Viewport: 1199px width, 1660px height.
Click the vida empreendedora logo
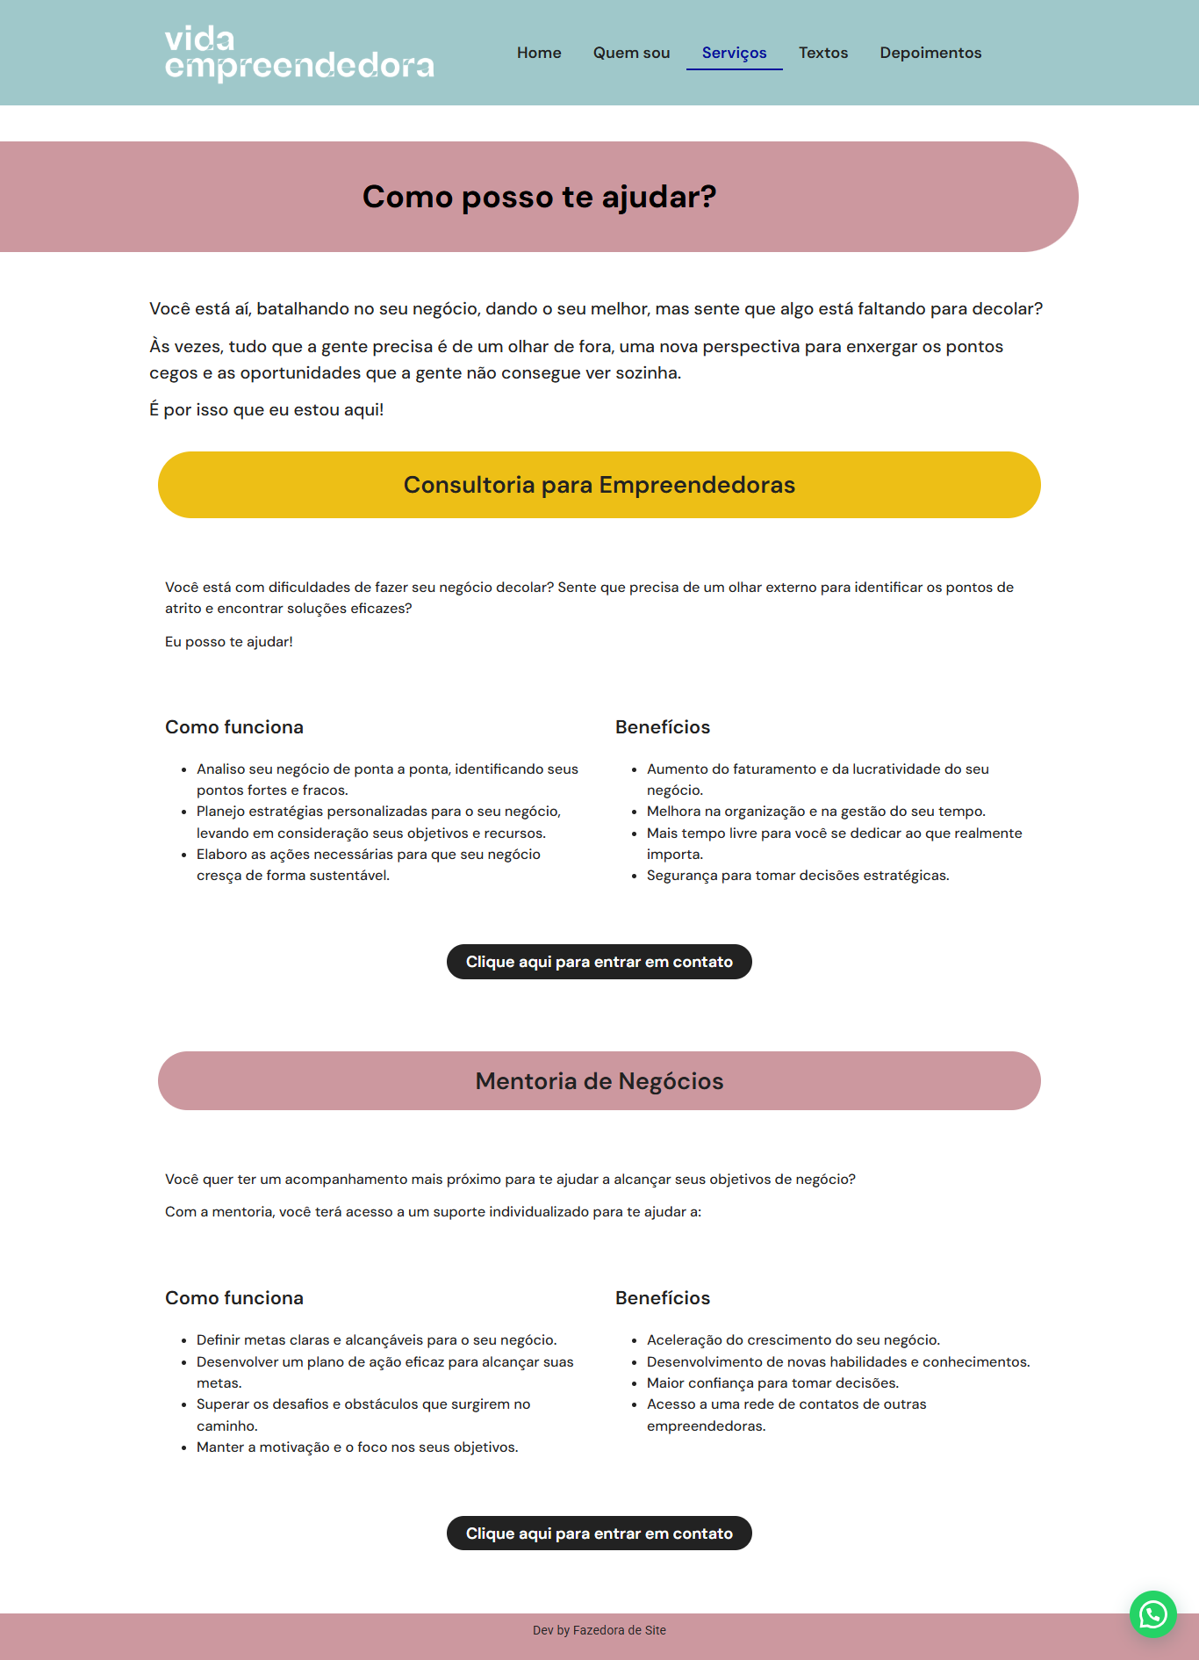(299, 53)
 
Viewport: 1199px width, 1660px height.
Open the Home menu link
(539, 53)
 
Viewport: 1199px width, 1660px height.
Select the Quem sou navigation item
(631, 53)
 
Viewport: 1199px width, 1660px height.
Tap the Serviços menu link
(734, 53)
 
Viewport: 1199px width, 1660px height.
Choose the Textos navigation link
(823, 53)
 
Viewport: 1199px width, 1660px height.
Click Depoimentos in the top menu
(930, 53)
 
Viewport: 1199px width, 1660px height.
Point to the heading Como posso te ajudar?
(539, 197)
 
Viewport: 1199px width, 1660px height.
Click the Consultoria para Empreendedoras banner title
(599, 485)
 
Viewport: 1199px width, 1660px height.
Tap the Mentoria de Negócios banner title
(599, 1081)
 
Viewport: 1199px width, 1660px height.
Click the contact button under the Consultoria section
(599, 962)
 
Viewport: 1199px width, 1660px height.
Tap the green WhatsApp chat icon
(1152, 1614)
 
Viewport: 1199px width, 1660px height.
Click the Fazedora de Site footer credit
(619, 1630)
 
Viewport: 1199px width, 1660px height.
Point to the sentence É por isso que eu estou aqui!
(266, 410)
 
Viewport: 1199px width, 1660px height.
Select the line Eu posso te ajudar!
(229, 642)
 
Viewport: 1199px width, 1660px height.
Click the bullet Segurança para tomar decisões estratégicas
(798, 876)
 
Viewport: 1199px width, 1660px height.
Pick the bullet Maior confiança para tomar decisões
(772, 1383)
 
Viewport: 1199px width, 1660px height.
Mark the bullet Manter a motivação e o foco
(357, 1447)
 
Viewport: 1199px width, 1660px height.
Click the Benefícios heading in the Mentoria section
(663, 1298)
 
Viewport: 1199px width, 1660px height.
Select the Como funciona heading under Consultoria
(234, 727)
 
